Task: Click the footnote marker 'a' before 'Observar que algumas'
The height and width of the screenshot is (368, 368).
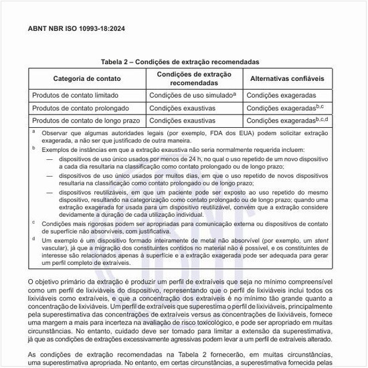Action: click(33, 132)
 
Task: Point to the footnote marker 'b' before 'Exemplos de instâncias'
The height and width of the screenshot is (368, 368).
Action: click(33, 151)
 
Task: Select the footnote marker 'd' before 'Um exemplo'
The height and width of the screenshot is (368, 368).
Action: click(33, 238)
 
